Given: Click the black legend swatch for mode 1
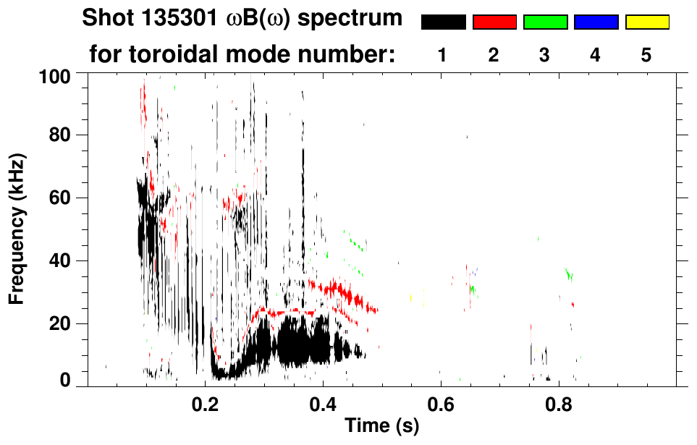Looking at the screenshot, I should tap(443, 22).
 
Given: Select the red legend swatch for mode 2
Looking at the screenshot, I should tap(494, 22).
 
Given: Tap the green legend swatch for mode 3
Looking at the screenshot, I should tap(545, 22).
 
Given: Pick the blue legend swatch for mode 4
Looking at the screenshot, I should tap(596, 22).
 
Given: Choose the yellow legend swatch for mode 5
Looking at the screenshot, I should tap(646, 22).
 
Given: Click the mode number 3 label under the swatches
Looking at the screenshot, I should tap(544, 56).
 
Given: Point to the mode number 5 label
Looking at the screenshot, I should tap(646, 56).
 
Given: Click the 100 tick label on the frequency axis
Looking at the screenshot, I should tap(56, 75).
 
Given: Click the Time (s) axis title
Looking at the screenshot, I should tap(381, 426).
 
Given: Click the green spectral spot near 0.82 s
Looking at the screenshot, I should tap(570, 274).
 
